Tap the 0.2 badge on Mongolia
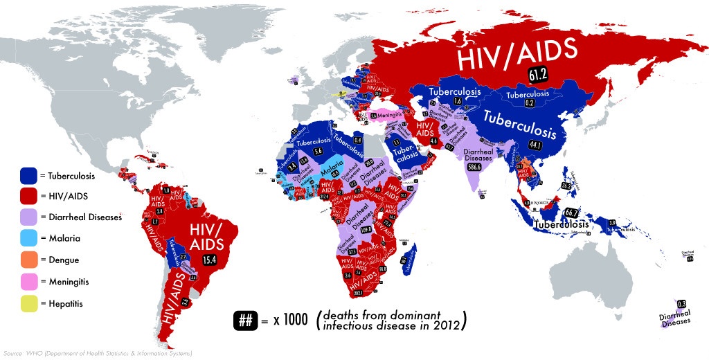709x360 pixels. click(x=529, y=103)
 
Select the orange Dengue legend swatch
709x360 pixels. click(x=28, y=260)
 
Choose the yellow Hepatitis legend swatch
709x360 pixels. click(x=28, y=303)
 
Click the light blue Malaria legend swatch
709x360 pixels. click(x=28, y=239)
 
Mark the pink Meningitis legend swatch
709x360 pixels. click(x=28, y=282)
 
